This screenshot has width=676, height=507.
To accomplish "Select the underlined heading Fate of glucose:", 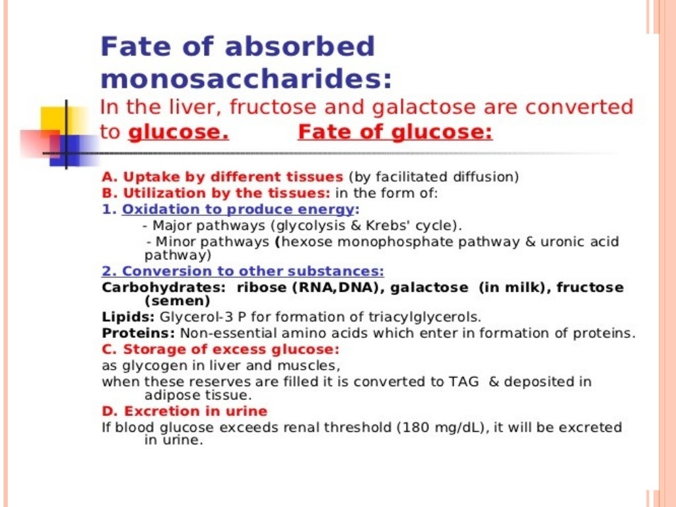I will (x=395, y=132).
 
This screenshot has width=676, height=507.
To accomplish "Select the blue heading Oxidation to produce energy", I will (x=238, y=210).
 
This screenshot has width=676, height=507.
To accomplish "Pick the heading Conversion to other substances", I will (x=243, y=271).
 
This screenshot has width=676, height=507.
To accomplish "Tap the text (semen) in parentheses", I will (x=177, y=301).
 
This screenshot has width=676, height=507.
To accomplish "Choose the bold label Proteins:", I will (x=138, y=333).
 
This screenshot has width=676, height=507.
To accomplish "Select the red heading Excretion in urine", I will (x=185, y=411).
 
